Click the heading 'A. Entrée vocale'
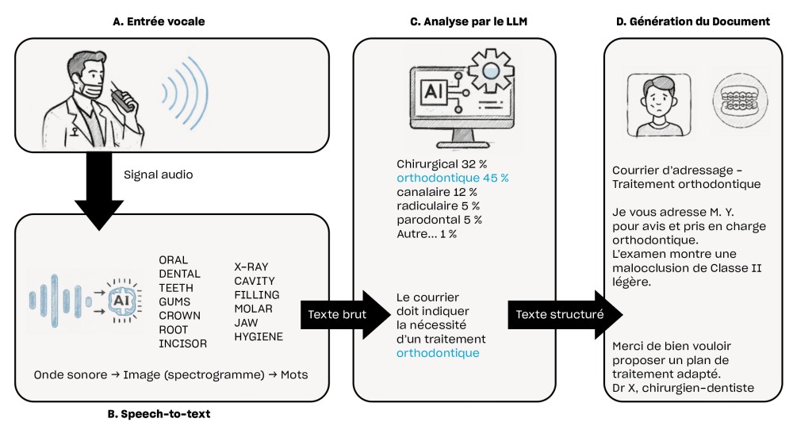coord(159,21)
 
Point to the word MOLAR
coord(251,309)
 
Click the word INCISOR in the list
coord(182,343)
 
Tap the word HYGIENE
coord(259,336)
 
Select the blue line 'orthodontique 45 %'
coord(453,178)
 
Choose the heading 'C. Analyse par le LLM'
coord(468,21)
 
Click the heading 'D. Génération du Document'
coord(693,21)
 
